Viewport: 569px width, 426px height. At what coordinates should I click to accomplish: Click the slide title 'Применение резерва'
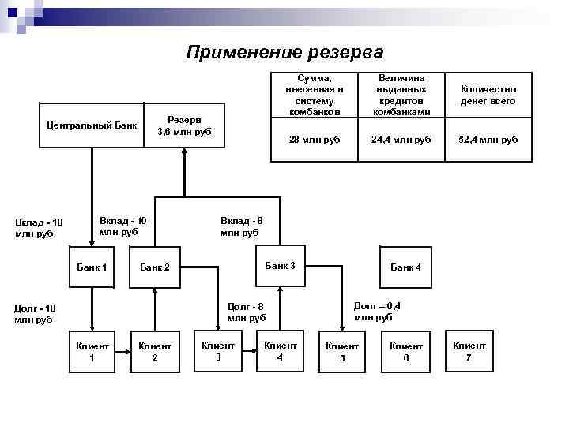(284, 53)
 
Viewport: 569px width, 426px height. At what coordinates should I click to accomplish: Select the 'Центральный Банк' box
(92, 125)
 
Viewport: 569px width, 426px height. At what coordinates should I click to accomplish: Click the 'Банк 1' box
(92, 267)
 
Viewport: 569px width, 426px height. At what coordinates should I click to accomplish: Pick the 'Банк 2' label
(155, 268)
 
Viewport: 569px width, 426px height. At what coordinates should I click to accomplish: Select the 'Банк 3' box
(280, 266)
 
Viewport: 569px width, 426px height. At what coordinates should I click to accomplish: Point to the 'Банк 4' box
(405, 267)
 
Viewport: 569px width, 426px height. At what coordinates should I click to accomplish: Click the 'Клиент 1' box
(92, 351)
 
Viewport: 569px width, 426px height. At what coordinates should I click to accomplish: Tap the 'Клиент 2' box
(155, 351)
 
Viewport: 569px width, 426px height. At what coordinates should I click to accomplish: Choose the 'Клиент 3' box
(218, 350)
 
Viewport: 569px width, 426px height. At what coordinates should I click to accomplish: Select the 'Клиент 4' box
(281, 350)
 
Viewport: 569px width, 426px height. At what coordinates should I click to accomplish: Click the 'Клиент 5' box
(342, 351)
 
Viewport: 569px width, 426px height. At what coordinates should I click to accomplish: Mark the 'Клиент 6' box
(405, 351)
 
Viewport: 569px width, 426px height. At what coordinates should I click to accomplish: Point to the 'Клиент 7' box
(469, 350)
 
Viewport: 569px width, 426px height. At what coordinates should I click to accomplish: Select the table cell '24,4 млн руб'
(402, 139)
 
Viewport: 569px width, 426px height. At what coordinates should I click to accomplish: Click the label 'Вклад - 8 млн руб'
(239, 226)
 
